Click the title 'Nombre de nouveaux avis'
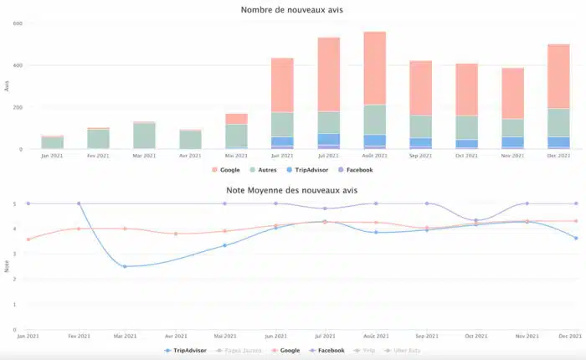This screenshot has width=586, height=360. (x=291, y=10)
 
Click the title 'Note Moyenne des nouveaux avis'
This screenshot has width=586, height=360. (x=291, y=190)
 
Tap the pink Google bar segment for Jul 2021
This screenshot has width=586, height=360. (x=328, y=74)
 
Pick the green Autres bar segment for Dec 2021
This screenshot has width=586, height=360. (x=558, y=122)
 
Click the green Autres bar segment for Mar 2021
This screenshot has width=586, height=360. (x=144, y=135)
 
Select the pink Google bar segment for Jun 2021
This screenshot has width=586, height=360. (x=282, y=85)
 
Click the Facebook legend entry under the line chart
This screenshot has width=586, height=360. (x=326, y=350)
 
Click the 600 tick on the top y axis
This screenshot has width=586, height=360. (x=17, y=23)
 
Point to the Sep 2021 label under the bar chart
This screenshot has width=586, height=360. (x=420, y=155)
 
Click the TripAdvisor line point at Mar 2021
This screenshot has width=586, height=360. (x=125, y=266)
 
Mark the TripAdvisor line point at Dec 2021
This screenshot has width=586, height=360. (x=575, y=238)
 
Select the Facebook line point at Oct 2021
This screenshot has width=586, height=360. (x=476, y=220)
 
